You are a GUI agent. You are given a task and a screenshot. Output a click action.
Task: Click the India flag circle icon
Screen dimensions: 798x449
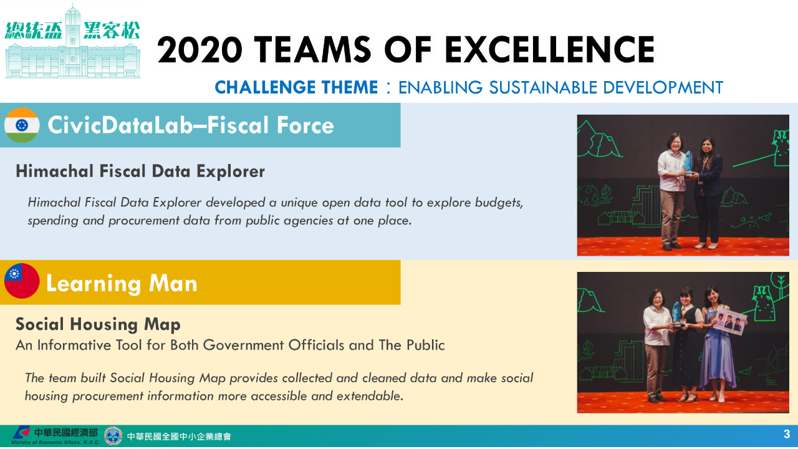click(22, 125)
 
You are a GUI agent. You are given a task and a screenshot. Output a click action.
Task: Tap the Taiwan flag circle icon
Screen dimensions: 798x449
click(22, 281)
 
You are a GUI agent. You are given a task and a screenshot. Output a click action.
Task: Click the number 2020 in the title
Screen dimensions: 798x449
click(200, 49)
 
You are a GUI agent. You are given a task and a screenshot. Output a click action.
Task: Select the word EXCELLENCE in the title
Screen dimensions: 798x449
click(550, 49)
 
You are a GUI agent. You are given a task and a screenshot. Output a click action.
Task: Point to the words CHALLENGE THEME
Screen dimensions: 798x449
click(296, 87)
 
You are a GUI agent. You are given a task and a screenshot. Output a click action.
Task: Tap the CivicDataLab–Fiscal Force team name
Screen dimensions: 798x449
click(191, 125)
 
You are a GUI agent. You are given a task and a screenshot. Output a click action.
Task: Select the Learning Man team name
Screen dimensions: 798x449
click(122, 283)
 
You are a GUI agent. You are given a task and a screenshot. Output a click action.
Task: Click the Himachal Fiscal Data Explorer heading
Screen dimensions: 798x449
click(140, 171)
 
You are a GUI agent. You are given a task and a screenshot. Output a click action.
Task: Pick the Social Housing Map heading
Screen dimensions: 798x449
click(98, 325)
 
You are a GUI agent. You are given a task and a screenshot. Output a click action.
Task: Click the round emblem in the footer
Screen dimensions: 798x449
click(113, 436)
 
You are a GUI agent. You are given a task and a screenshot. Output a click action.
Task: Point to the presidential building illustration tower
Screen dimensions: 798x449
click(73, 39)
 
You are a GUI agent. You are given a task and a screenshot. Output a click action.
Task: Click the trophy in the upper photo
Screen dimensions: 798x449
click(688, 163)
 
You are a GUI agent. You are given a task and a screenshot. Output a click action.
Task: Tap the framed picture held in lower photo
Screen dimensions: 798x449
click(729, 322)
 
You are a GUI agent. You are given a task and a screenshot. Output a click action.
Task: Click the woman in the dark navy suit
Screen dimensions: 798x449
click(707, 193)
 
